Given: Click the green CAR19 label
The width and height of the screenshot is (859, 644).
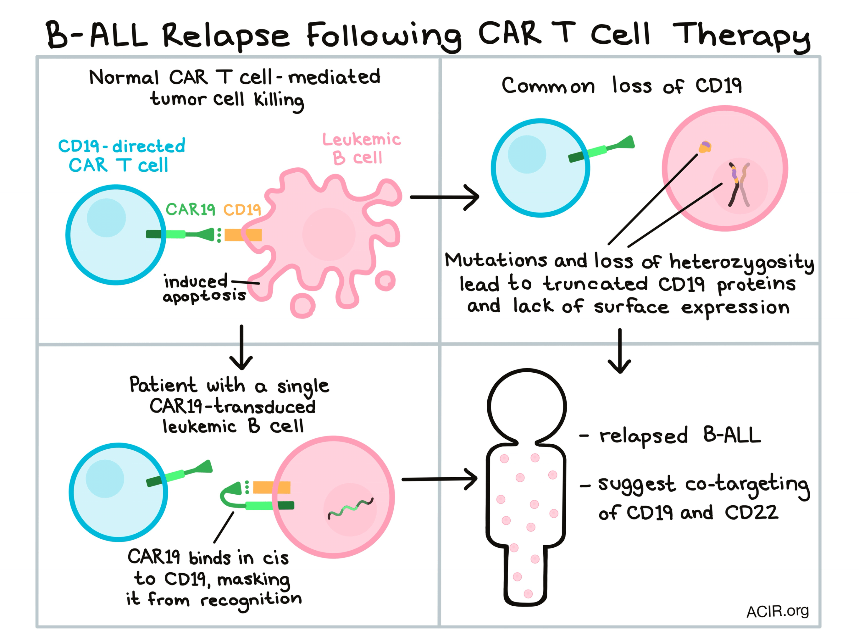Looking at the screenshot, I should [x=190, y=210].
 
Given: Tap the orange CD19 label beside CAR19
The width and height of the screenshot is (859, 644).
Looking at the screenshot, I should [x=242, y=210].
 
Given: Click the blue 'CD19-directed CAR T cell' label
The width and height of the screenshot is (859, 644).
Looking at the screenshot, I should [x=121, y=156].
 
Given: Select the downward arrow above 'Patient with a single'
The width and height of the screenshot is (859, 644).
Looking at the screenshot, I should [x=241, y=348].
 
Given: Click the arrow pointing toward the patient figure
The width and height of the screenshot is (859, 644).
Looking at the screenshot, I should [x=439, y=479].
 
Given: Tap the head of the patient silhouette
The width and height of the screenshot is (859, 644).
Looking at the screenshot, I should [x=527, y=406].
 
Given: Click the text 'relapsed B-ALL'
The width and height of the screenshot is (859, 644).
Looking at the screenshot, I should [x=679, y=436].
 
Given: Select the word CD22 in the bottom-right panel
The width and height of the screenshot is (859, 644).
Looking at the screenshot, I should [x=751, y=513].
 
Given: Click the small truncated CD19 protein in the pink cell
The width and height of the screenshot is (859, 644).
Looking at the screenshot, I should [x=705, y=147].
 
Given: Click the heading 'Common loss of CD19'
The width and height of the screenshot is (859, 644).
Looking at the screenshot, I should [x=621, y=86].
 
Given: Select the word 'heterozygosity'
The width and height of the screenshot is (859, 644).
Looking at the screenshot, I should [x=741, y=263].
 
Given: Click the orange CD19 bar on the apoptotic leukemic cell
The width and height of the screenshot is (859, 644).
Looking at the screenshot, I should [x=243, y=235].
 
